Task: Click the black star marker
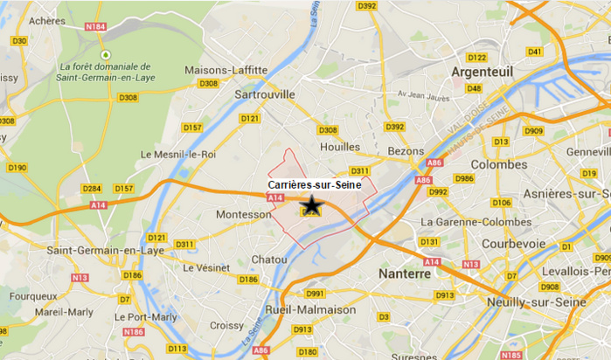click(x=312, y=205)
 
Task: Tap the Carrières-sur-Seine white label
click(x=315, y=184)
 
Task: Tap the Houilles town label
click(x=340, y=147)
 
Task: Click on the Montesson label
click(x=241, y=214)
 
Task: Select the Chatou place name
click(x=268, y=260)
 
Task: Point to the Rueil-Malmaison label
click(x=314, y=309)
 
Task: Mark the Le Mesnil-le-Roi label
click(x=178, y=155)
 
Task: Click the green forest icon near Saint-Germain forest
click(x=105, y=54)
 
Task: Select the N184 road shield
click(x=96, y=26)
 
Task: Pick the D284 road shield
click(x=92, y=188)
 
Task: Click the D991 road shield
click(x=316, y=294)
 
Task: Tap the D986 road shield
click(x=464, y=178)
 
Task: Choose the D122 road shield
click(x=476, y=58)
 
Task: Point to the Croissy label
click(x=227, y=325)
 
